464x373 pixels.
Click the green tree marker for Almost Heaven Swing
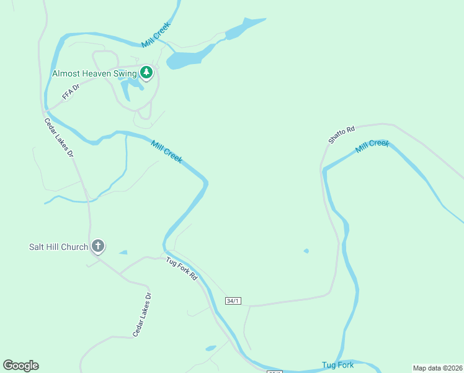146,73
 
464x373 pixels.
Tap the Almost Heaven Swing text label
94,73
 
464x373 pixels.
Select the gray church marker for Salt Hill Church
98,246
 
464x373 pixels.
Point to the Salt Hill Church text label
58,247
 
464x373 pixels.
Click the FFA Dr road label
71,92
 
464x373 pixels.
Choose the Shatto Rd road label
341,134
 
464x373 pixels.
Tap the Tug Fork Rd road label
181,269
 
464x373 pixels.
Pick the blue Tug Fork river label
337,365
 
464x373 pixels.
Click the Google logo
20,366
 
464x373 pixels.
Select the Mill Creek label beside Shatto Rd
372,147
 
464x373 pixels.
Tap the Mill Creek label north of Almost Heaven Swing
155,35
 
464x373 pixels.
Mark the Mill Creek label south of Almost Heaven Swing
167,151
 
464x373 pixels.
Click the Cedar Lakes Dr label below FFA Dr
59,137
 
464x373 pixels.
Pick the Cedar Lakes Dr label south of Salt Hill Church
141,315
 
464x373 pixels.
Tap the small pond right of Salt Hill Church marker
123,252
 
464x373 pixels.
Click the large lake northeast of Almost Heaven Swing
186,59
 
